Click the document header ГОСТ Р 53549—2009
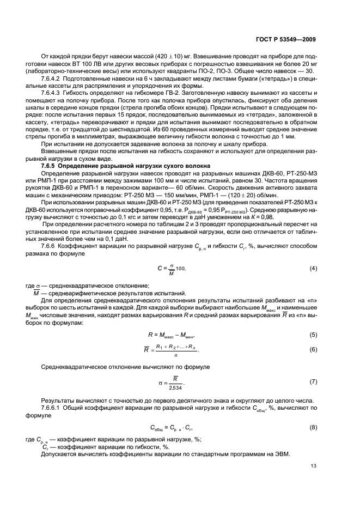pyautogui.click(x=286, y=39)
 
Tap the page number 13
pyautogui.click(x=313, y=465)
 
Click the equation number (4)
pyautogui.click(x=313, y=269)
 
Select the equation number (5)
pyautogui.click(x=313, y=334)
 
